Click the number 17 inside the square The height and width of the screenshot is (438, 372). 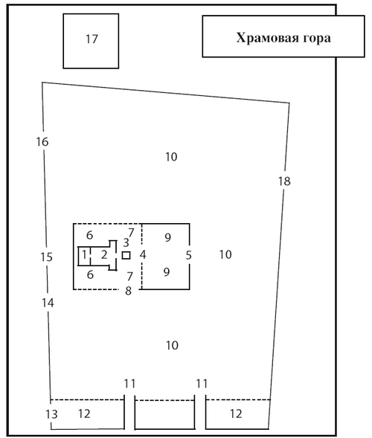(x=92, y=39)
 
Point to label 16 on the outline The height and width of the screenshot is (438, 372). (x=42, y=142)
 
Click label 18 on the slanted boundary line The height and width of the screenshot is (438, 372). (x=284, y=181)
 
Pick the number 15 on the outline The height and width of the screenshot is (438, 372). (x=46, y=257)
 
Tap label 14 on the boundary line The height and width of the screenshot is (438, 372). (x=48, y=303)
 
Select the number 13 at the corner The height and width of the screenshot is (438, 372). (x=51, y=414)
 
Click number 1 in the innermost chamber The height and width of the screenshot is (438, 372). (x=84, y=255)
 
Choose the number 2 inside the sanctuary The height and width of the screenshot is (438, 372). (x=104, y=255)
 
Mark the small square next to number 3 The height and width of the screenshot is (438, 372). (x=126, y=255)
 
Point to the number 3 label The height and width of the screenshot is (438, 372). (x=126, y=242)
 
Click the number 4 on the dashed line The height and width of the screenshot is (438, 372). (x=143, y=255)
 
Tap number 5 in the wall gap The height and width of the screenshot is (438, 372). (x=189, y=255)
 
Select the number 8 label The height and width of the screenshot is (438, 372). (x=128, y=291)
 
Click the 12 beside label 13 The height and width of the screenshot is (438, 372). (x=84, y=413)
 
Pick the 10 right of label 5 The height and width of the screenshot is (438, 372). (x=225, y=255)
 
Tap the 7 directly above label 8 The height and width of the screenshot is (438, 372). (x=129, y=277)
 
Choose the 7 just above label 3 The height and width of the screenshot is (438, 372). (x=131, y=233)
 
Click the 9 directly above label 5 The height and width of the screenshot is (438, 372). (x=167, y=238)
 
